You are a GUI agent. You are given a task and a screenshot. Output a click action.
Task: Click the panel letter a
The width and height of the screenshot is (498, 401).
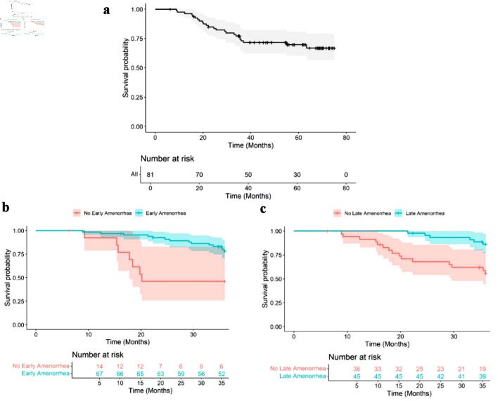[x=106, y=10]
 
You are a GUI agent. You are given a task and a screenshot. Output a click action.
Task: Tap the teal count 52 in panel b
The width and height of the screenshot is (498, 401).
[x=223, y=374]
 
